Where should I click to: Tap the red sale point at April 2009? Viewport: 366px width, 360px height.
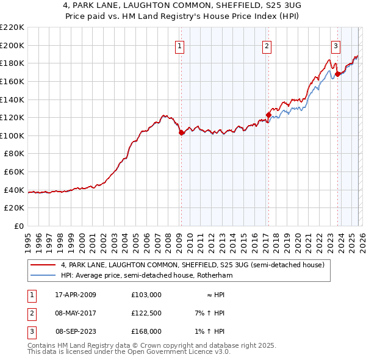click(x=181, y=132)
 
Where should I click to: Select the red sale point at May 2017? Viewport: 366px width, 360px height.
click(x=268, y=114)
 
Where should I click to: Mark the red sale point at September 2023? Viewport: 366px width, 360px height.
click(x=337, y=73)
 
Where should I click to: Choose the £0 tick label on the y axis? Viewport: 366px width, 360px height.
click(x=19, y=226)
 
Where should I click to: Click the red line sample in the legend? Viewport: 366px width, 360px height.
click(x=43, y=265)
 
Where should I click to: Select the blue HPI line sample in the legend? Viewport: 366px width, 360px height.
click(x=43, y=276)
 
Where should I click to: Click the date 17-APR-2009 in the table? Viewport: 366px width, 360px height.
click(x=76, y=295)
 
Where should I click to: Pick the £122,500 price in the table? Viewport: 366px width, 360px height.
click(x=146, y=313)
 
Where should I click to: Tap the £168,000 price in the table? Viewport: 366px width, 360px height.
click(x=146, y=331)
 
